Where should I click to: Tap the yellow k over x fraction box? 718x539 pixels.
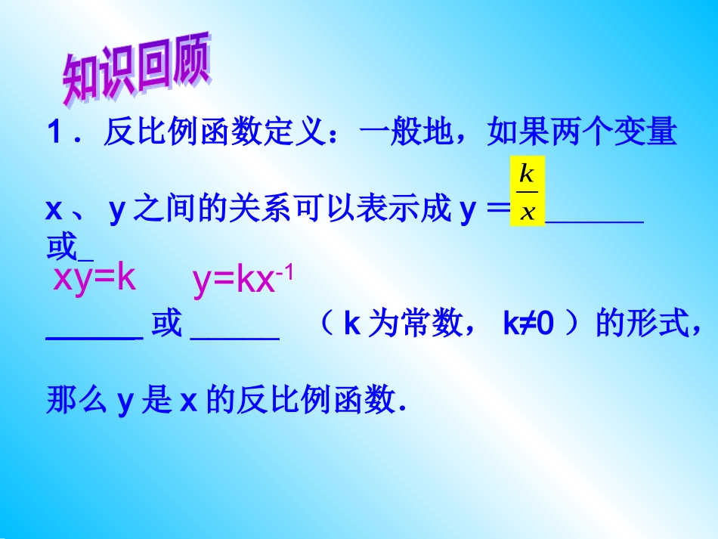point(528,191)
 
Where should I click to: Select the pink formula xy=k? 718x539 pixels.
point(94,279)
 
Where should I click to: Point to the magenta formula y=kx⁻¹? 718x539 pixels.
point(243,280)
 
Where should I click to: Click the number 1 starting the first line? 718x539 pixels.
point(54,134)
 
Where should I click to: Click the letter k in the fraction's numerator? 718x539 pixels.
point(528,175)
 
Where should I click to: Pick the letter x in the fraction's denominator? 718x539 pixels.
point(528,210)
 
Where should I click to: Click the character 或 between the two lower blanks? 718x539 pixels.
point(166,324)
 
